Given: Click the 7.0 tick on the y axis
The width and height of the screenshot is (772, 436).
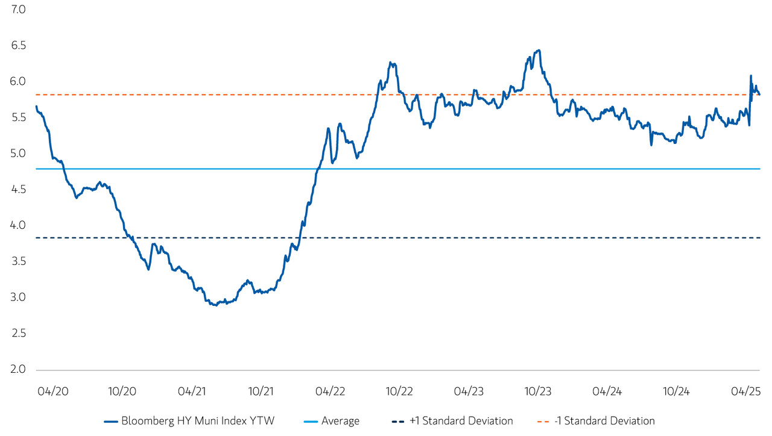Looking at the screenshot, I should [17, 10].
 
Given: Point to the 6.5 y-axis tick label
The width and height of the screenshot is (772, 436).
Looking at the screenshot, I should [17, 46].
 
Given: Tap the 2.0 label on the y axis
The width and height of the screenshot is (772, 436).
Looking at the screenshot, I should [17, 369].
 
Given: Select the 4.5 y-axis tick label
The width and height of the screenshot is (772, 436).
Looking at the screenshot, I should [17, 190].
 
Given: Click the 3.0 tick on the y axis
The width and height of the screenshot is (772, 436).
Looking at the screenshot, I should [17, 297].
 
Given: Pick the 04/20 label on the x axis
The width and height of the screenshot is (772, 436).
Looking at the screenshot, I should [52, 391].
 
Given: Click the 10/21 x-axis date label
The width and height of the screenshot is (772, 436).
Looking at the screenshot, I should [261, 391].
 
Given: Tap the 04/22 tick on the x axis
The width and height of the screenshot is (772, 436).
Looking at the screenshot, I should [330, 391].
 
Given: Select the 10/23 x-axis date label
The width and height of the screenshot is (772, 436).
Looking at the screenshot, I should [538, 391].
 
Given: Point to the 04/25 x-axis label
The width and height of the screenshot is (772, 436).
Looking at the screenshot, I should [746, 391].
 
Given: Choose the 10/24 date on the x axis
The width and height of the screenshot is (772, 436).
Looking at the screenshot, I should [677, 391].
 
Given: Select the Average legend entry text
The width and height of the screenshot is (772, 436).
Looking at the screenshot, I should [340, 421].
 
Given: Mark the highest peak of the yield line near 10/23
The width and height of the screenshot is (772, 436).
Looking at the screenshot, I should [538, 51].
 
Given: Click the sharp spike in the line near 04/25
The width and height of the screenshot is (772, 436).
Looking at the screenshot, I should [751, 76].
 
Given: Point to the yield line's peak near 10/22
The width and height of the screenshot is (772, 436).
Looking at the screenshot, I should [391, 63].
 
